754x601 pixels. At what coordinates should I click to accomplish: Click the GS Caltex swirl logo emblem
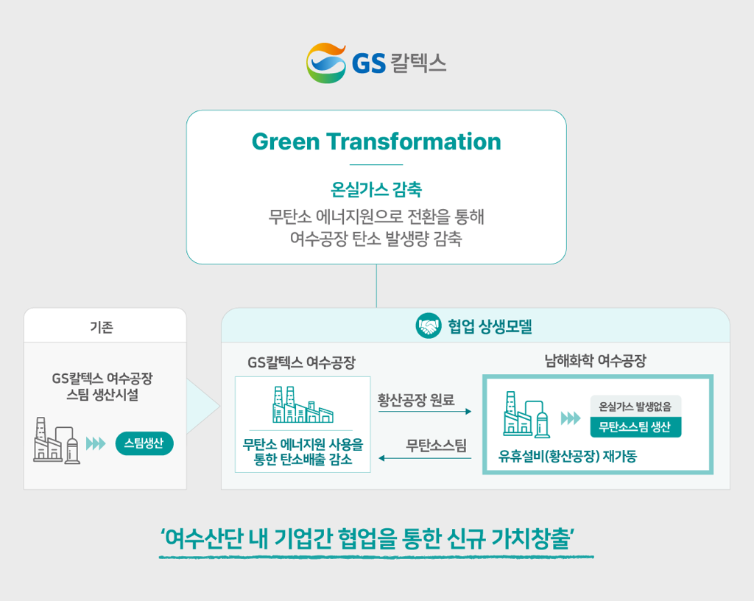pyautogui.click(x=326, y=63)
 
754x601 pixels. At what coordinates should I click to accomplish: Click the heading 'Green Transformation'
pyautogui.click(x=376, y=141)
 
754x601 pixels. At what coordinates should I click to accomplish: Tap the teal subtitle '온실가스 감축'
pyautogui.click(x=376, y=189)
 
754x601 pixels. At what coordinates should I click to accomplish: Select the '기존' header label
pyautogui.click(x=102, y=327)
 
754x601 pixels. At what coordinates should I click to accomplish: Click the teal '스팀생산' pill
pyautogui.click(x=144, y=443)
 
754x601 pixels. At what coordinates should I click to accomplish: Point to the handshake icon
pyautogui.click(x=429, y=326)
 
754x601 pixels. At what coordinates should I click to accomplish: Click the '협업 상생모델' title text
pyautogui.click(x=490, y=326)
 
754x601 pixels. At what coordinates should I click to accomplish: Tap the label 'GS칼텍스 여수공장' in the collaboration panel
pyautogui.click(x=301, y=362)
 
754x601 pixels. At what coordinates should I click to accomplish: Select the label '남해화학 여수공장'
pyautogui.click(x=595, y=361)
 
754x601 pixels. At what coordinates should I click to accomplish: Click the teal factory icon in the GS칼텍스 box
pyautogui.click(x=303, y=404)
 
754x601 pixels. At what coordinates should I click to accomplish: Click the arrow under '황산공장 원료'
pyautogui.click(x=425, y=412)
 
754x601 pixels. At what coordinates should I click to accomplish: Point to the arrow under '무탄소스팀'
pyautogui.click(x=425, y=458)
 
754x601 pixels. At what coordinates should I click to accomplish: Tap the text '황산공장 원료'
pyautogui.click(x=416, y=399)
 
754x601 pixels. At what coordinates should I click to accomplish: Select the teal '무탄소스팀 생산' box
pyautogui.click(x=635, y=427)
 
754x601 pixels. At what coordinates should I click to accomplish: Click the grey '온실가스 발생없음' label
pyautogui.click(x=635, y=407)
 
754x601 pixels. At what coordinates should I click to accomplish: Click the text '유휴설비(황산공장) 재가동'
pyautogui.click(x=568, y=456)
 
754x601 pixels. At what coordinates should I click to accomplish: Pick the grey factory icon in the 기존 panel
pyautogui.click(x=57, y=440)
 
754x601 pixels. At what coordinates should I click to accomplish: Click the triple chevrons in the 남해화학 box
pyautogui.click(x=571, y=418)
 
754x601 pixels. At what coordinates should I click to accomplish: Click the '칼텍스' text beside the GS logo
pyautogui.click(x=418, y=63)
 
